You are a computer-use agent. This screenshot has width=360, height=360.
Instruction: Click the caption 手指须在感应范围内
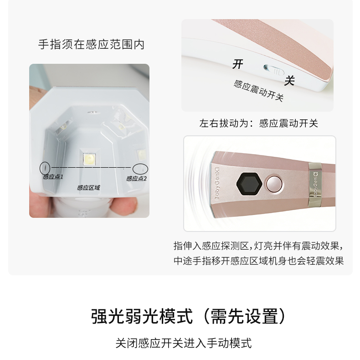coord(91,45)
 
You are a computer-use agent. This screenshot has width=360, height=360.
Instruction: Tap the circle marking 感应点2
coord(141,168)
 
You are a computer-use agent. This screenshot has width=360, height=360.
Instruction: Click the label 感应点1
coord(53,177)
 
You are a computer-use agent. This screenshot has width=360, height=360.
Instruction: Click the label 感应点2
coord(136,178)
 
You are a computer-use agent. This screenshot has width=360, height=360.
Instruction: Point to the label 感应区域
coord(88,187)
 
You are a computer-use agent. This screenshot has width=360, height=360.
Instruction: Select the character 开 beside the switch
coord(238,64)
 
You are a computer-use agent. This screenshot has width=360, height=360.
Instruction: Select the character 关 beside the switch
coord(289,81)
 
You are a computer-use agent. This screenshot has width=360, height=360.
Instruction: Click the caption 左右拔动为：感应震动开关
coord(258,123)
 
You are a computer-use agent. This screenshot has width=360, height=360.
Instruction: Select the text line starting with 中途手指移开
coord(258,261)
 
